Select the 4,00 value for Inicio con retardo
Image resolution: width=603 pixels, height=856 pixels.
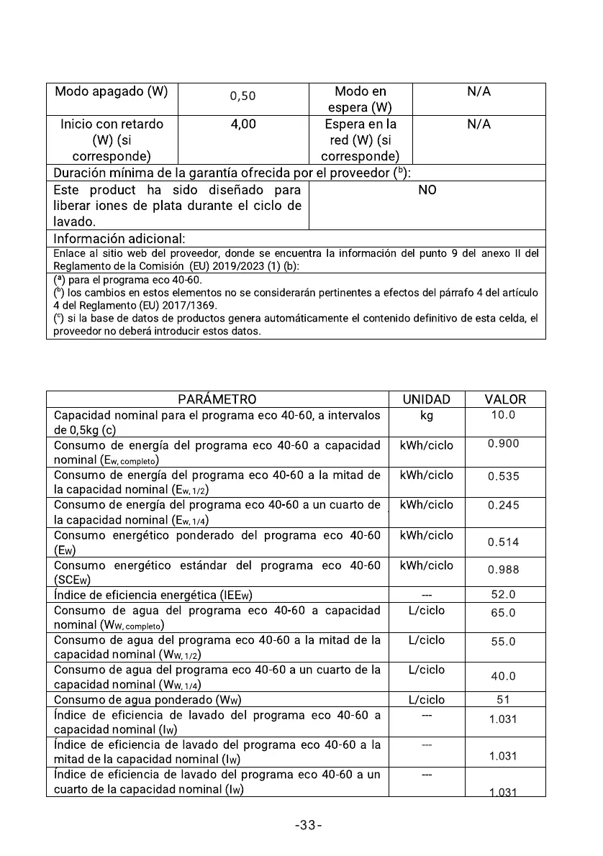coord(242,124)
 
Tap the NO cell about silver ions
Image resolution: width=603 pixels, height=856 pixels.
coord(427,190)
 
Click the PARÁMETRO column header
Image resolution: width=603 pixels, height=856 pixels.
coord(217,399)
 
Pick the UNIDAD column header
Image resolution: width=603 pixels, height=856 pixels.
coord(426,399)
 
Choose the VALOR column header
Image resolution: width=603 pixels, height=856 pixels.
coord(505,399)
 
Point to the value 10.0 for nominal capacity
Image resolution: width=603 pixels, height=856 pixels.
coord(502,415)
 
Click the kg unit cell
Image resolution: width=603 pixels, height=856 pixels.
coord(426,416)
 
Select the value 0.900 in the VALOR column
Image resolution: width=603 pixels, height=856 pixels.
coord(503,444)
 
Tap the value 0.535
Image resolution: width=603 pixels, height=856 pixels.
coord(503,476)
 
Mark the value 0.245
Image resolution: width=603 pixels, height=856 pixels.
coord(503,506)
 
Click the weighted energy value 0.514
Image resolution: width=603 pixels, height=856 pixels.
coord(503,542)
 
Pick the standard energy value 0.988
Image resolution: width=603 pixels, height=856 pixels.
coord(503,570)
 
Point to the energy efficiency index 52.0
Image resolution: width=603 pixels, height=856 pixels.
coord(503,595)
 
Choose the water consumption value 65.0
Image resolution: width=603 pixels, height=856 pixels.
coord(503,614)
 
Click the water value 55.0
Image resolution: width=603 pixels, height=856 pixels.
coord(503,642)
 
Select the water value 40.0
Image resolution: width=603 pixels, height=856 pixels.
coord(503,677)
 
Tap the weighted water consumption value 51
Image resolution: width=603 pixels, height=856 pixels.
coord(503,700)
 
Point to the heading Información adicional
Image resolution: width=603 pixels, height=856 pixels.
coord(119,238)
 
